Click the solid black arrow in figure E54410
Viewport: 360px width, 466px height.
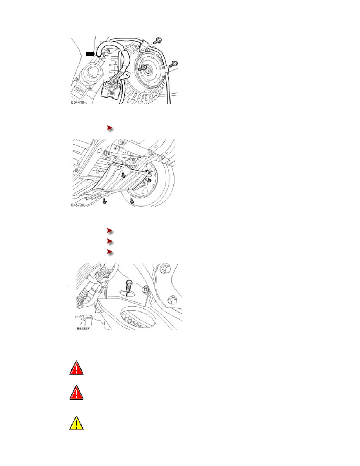point(90,53)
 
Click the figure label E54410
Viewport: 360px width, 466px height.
point(78,102)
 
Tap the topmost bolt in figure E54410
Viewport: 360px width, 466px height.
point(158,40)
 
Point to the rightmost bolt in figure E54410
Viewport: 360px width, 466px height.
point(174,64)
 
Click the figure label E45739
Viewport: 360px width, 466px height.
point(78,205)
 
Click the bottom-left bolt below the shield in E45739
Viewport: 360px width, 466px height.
point(104,201)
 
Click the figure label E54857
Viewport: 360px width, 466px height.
point(83,329)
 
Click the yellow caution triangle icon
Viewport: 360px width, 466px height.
point(76,423)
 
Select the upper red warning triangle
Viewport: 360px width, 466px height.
point(76,368)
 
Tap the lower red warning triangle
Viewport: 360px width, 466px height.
point(76,393)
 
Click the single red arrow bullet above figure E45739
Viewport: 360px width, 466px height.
point(110,128)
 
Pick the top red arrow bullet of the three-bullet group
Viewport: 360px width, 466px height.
point(110,231)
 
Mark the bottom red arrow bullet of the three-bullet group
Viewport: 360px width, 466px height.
point(110,252)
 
